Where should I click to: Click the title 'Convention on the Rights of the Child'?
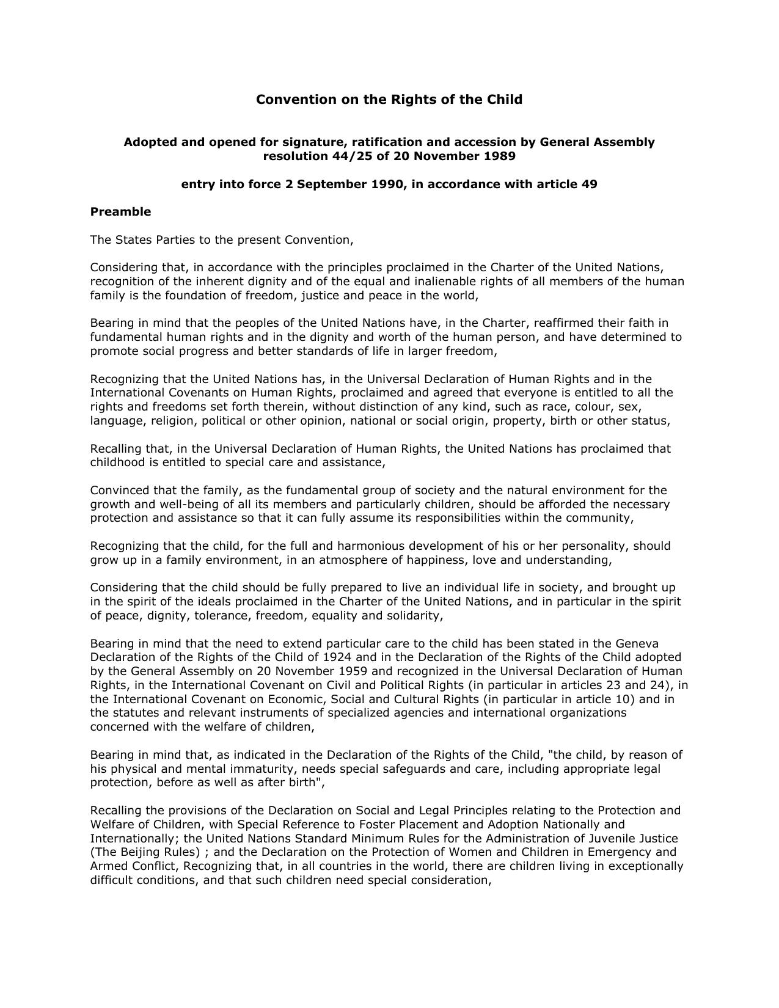(389, 100)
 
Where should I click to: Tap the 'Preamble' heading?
(120, 212)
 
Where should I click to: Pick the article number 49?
(589, 184)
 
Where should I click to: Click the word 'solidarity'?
(413, 616)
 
